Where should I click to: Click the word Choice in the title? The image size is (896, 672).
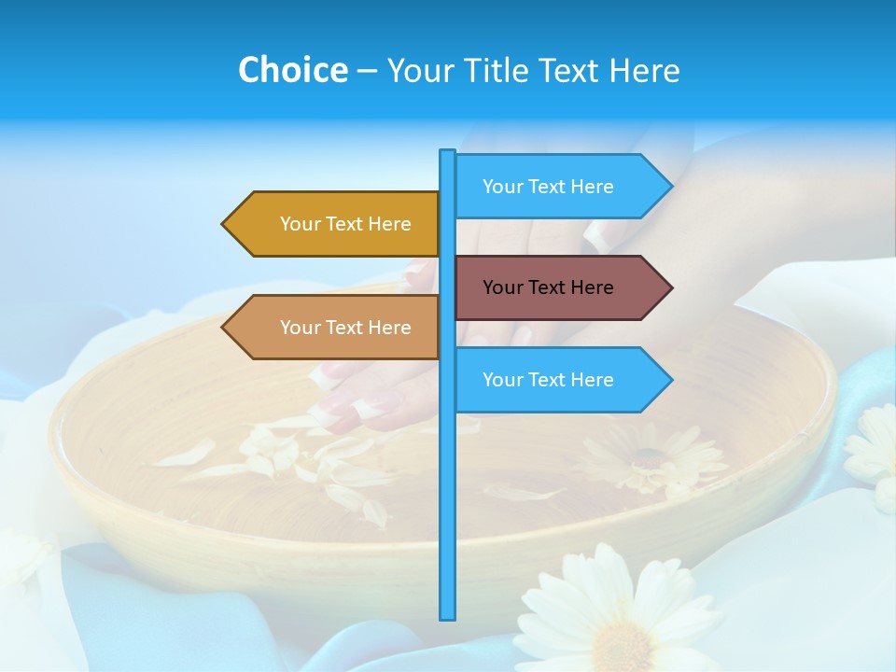(x=292, y=70)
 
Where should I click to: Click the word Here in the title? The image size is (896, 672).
(x=644, y=70)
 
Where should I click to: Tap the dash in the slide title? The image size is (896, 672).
(x=367, y=72)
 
